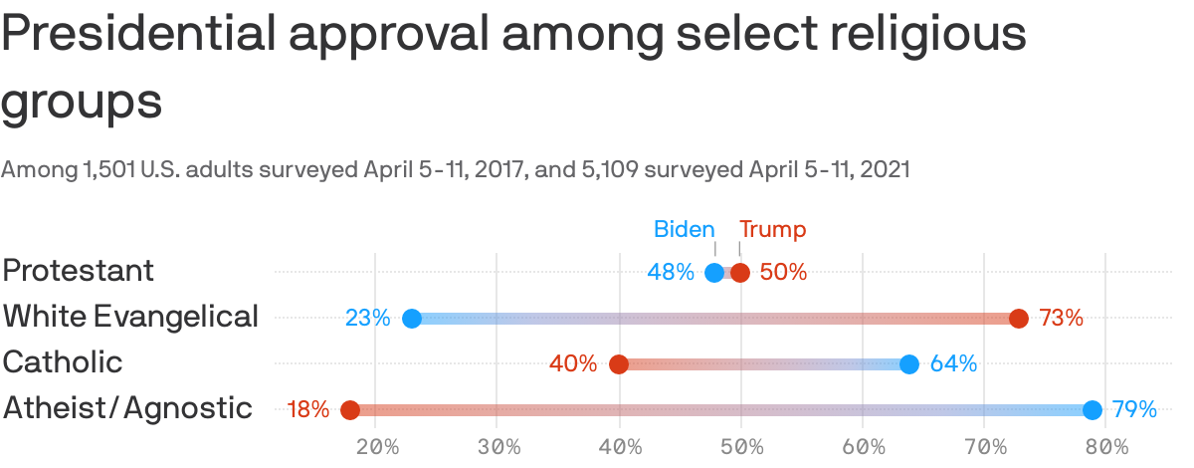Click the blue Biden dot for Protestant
pos(714,273)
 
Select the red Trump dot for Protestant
pos(740,273)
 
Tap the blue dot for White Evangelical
pos(412,319)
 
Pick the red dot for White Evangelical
pos(1019,319)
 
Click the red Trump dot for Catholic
pos(619,364)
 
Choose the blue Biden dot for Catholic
pos(909,364)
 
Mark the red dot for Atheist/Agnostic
pos(350,410)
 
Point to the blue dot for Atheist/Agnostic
pos(1093,410)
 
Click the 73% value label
pos(1061,319)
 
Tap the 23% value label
pos(367,319)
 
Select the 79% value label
pos(1134,410)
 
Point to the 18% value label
pos(307,410)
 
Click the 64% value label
pos(953,364)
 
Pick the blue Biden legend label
pos(684,230)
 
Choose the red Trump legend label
pos(772,230)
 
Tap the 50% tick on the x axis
pos(741,446)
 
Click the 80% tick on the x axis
pos(1106,446)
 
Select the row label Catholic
pos(63,362)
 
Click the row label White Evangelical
pos(130,317)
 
